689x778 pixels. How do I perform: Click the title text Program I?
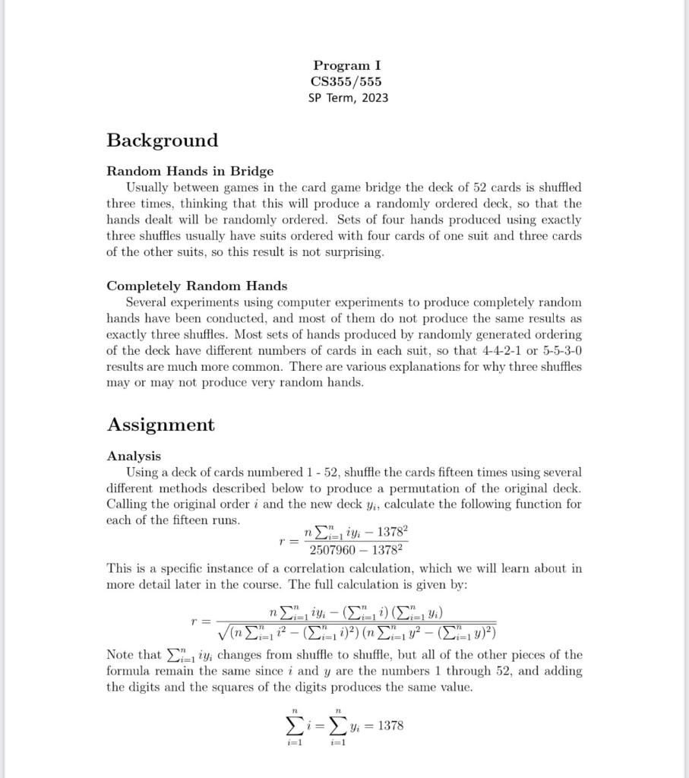pyautogui.click(x=347, y=66)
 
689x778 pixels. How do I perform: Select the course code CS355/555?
pyautogui.click(x=346, y=81)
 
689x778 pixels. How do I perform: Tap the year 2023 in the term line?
pyautogui.click(x=372, y=97)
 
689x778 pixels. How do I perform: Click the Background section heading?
pyautogui.click(x=162, y=141)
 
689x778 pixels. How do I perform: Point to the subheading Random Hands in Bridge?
pyautogui.click(x=190, y=171)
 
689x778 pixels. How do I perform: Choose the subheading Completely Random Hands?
pyautogui.click(x=197, y=286)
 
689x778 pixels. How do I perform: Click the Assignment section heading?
pyautogui.click(x=160, y=425)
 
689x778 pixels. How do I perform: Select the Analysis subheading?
pyautogui.click(x=134, y=456)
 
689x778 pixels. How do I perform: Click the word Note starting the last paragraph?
pyautogui.click(x=123, y=655)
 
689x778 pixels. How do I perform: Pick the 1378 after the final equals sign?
pyautogui.click(x=390, y=726)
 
